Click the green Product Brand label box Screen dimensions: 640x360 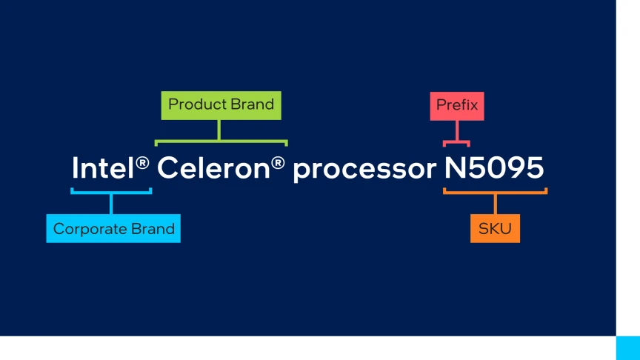click(221, 105)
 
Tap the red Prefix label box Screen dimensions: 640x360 click(457, 106)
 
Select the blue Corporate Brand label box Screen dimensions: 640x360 click(113, 228)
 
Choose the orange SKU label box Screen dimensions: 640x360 click(495, 228)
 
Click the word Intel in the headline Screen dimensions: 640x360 click(103, 167)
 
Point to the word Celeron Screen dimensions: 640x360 click(213, 167)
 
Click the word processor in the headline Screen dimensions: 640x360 click(364, 170)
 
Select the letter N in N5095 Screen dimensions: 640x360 click(455, 167)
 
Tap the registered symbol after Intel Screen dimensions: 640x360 click(142, 163)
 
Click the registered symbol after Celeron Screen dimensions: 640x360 click(278, 163)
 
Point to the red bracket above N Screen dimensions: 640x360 click(457, 141)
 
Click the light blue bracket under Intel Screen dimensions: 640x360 click(111, 193)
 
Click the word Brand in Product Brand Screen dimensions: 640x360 click(252, 104)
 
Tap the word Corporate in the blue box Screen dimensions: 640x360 click(84, 230)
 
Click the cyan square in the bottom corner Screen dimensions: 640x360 click(627, 348)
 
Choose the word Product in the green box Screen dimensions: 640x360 click(197, 104)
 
